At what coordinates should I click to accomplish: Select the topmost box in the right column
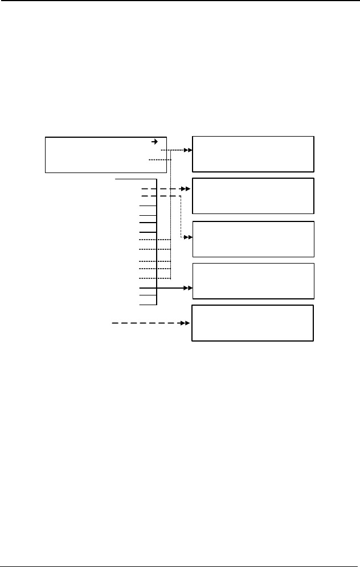(x=253, y=154)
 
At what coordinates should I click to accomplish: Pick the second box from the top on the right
(x=253, y=196)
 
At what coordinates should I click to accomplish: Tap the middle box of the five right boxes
(x=253, y=239)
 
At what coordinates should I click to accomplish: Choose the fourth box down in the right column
(x=253, y=281)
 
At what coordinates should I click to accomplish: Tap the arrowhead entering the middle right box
(x=189, y=236)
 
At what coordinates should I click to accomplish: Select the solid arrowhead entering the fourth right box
(x=188, y=289)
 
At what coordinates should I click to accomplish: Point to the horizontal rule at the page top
(x=180, y=1)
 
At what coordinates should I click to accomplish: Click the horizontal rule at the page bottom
(x=180, y=565)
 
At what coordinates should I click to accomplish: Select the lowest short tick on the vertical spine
(x=148, y=305)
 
